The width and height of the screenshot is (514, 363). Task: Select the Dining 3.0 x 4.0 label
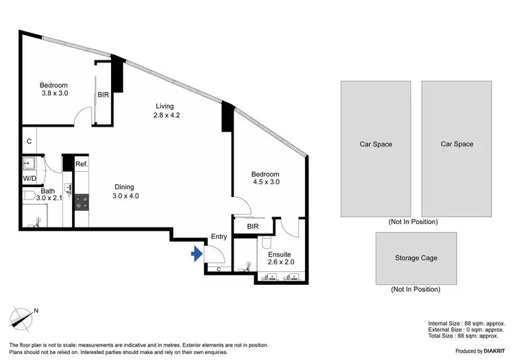click(124, 192)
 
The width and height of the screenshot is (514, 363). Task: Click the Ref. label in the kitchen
click(81, 164)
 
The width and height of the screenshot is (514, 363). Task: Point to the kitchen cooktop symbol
click(82, 201)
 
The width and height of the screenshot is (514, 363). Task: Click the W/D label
click(29, 179)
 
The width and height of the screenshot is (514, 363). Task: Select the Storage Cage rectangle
click(415, 258)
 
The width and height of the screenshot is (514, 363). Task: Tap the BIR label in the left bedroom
click(103, 95)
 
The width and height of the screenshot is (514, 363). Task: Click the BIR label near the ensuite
click(252, 225)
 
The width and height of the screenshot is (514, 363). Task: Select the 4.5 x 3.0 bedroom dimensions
click(265, 183)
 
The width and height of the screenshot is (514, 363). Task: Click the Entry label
click(219, 236)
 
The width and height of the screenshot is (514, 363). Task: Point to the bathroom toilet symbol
click(29, 197)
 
